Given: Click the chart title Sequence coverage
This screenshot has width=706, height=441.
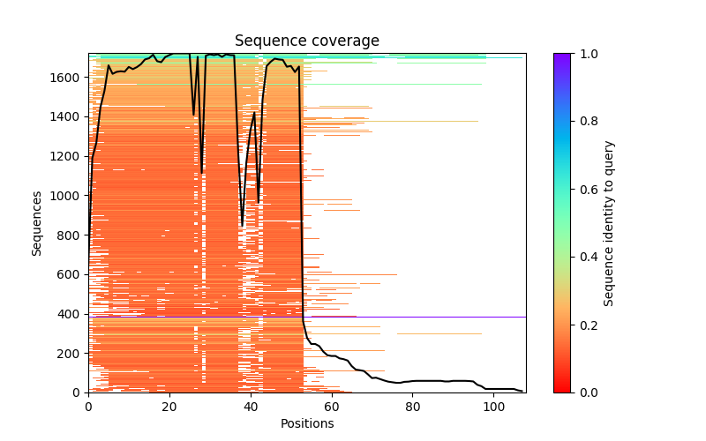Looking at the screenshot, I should pyautogui.click(x=307, y=41).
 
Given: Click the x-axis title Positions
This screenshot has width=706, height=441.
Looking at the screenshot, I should pyautogui.click(x=307, y=423).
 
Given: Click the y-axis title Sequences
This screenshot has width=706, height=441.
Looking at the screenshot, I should pyautogui.click(x=37, y=223).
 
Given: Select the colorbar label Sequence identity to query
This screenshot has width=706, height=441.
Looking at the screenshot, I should pyautogui.click(x=609, y=223).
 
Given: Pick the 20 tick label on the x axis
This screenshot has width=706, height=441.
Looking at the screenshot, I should pyautogui.click(x=169, y=407).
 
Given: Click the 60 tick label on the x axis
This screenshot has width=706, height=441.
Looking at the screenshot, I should pyautogui.click(x=332, y=407).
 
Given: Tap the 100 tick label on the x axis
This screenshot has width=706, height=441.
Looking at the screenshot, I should pyautogui.click(x=494, y=407).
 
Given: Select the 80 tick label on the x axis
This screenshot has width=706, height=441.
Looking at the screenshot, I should pyautogui.click(x=413, y=407).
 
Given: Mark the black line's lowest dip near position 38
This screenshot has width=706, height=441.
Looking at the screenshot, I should pyautogui.click(x=242, y=225).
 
